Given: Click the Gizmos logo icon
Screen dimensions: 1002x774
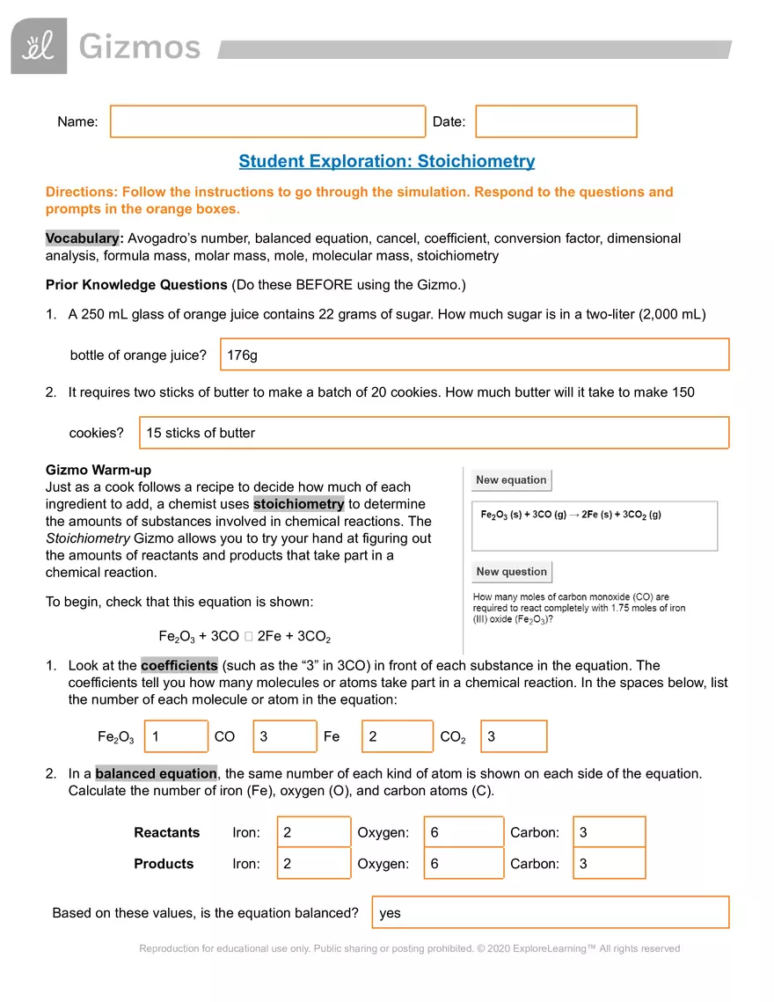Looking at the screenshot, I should tap(39, 46).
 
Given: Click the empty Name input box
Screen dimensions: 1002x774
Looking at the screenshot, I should tap(267, 122).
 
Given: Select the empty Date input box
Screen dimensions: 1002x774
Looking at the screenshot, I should tap(556, 122).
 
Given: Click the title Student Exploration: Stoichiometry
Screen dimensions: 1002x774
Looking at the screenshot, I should tap(386, 161).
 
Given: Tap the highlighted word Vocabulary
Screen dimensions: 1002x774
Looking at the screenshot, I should tap(83, 238).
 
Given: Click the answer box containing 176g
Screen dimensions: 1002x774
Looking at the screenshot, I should tap(474, 355).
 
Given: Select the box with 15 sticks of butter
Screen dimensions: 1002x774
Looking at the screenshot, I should tap(434, 433).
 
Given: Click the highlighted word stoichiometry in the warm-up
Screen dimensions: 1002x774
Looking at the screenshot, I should tap(298, 504).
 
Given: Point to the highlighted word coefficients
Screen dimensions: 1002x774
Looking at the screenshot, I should tap(179, 665).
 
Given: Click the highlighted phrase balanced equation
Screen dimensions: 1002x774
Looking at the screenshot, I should tap(156, 773).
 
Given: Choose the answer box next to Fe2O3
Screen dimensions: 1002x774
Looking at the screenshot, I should tap(177, 736).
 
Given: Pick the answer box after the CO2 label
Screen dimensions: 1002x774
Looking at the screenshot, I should tap(514, 736).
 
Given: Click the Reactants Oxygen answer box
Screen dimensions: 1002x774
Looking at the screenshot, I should tap(464, 832).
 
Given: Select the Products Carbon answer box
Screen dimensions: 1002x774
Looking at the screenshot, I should tap(610, 864).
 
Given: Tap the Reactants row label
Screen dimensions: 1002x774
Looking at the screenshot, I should tap(166, 832).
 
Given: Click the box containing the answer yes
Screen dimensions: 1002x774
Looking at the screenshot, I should tap(551, 912).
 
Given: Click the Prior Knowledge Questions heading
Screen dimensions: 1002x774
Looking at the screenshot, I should tap(135, 284).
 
